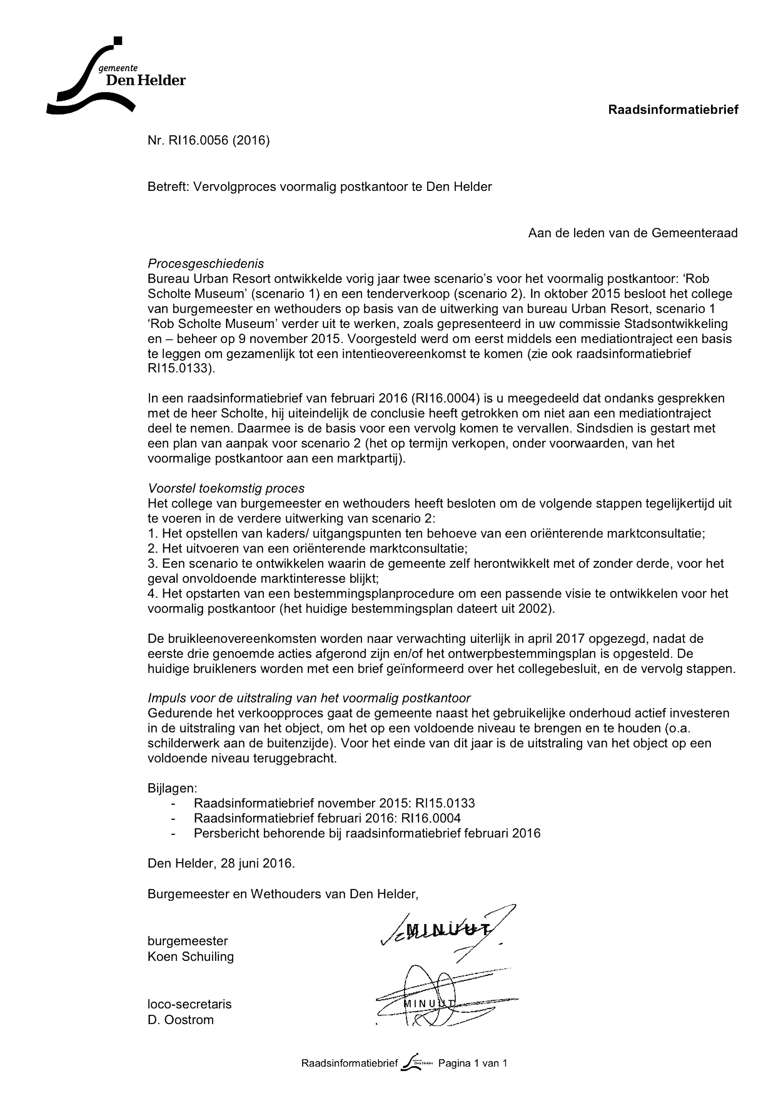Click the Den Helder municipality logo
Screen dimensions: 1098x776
115,77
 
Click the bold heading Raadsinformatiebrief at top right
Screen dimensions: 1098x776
673,110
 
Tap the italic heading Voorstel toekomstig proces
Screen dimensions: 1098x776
226,488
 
